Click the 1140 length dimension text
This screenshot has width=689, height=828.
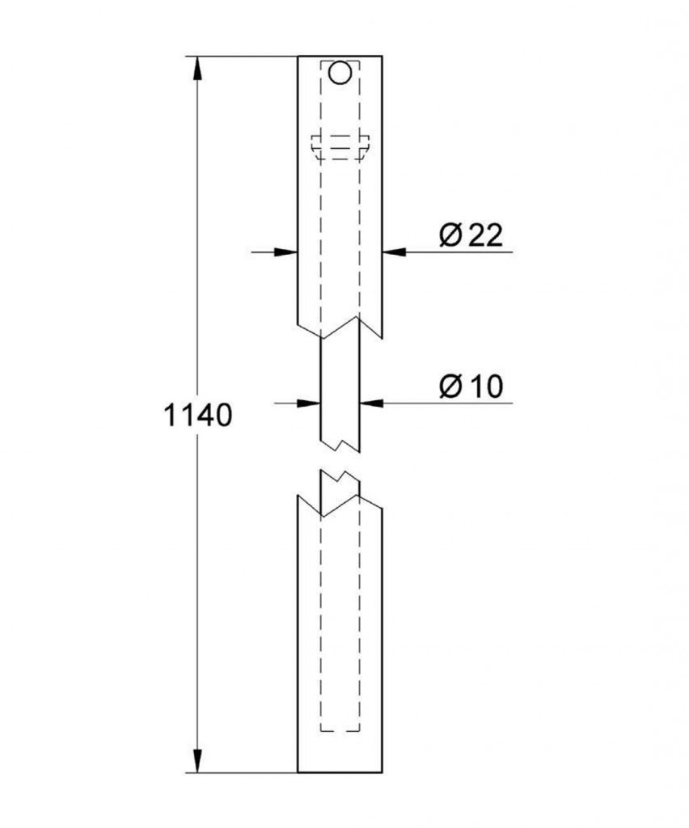(198, 415)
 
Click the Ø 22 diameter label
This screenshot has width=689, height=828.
(471, 235)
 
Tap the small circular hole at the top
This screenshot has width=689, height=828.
(340, 73)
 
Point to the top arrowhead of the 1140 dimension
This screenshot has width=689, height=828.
(197, 69)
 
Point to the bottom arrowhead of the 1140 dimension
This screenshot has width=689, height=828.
(197, 760)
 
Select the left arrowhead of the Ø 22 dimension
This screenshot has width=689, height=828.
(285, 252)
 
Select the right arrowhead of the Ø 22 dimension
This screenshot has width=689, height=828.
(395, 252)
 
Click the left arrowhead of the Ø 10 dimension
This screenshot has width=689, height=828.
(309, 403)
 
